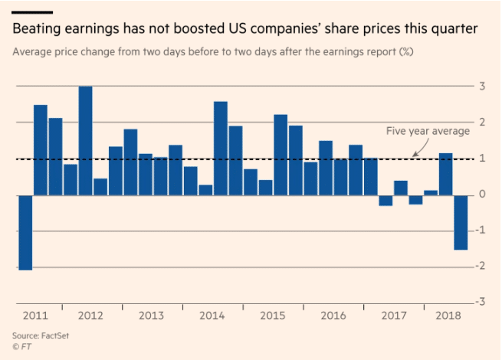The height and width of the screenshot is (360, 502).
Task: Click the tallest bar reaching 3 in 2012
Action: [86, 140]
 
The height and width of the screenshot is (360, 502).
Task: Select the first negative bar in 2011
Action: [26, 232]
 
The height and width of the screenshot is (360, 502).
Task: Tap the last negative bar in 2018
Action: [461, 222]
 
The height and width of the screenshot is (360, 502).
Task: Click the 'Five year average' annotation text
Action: [428, 131]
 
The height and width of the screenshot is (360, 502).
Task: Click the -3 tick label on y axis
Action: [481, 302]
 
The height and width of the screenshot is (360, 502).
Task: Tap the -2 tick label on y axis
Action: [481, 266]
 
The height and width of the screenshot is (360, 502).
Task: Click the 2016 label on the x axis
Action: [333, 316]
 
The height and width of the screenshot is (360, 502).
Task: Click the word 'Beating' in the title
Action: [39, 29]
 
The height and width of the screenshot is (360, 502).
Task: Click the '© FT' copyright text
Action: [23, 347]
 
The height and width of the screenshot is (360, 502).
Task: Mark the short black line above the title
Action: [32, 12]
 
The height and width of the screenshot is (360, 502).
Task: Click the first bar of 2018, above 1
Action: [445, 174]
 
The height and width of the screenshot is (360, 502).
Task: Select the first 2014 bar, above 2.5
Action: [221, 148]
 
